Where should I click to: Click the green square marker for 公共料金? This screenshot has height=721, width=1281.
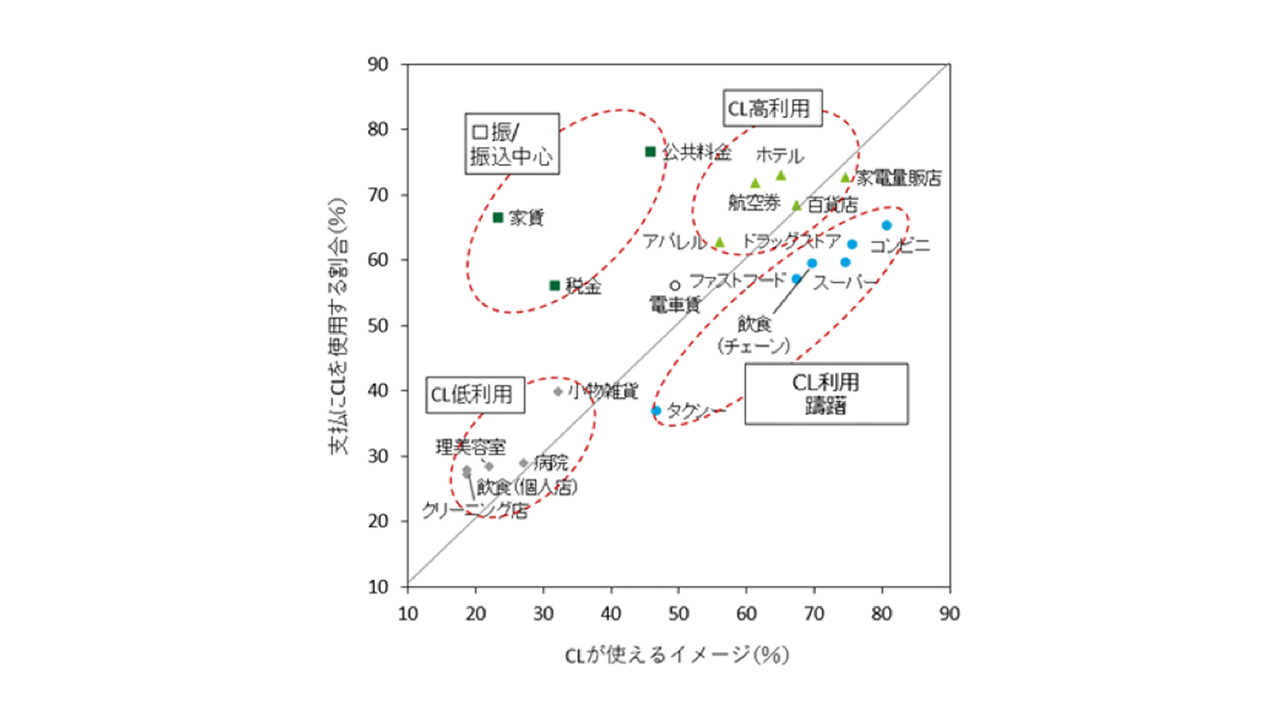(650, 152)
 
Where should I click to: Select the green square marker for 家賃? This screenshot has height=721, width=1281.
(498, 218)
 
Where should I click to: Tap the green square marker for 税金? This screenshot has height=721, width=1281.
(554, 285)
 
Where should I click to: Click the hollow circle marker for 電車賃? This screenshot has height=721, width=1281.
(675, 285)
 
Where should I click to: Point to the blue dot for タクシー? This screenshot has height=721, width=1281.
(656, 411)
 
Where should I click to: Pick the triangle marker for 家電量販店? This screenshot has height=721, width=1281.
(845, 178)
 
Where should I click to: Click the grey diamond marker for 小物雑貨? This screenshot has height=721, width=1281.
(558, 392)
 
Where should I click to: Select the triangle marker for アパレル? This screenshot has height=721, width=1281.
(720, 243)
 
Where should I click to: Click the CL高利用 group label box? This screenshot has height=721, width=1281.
(772, 108)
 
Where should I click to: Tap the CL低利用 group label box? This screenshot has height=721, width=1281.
(475, 395)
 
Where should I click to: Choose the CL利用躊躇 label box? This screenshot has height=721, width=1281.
(826, 394)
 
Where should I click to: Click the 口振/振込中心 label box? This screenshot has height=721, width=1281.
(512, 144)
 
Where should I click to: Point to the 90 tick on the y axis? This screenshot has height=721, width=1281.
(378, 64)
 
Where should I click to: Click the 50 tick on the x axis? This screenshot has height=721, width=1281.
(678, 613)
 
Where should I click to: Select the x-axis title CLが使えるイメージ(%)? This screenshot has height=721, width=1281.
(676, 655)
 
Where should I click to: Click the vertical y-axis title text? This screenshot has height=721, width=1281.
(338, 325)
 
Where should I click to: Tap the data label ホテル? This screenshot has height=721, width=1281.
(780, 155)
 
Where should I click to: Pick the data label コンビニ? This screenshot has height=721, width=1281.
(899, 246)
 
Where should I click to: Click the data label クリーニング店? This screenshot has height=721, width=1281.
(475, 511)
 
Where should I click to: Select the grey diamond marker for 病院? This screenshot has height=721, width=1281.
(524, 464)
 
